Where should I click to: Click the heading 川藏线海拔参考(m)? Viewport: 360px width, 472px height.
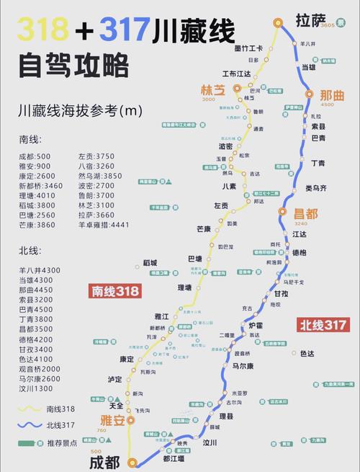[x=81, y=112]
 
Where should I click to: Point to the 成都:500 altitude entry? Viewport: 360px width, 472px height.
[x=35, y=156]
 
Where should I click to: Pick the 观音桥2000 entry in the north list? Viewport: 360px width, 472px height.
[x=40, y=368]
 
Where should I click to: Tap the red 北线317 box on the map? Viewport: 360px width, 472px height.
[x=323, y=325]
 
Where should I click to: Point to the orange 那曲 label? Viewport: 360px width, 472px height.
[x=332, y=94]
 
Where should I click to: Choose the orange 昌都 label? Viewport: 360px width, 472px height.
[x=305, y=213]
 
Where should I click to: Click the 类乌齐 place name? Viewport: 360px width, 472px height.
[x=315, y=188]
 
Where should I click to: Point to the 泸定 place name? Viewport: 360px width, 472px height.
[x=115, y=378]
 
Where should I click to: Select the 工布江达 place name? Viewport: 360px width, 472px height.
[x=236, y=73]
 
